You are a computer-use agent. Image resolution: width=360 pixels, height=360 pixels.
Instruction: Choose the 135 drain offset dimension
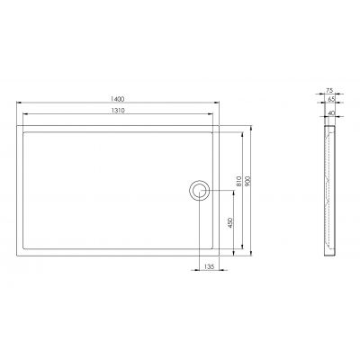pos(209,267)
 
